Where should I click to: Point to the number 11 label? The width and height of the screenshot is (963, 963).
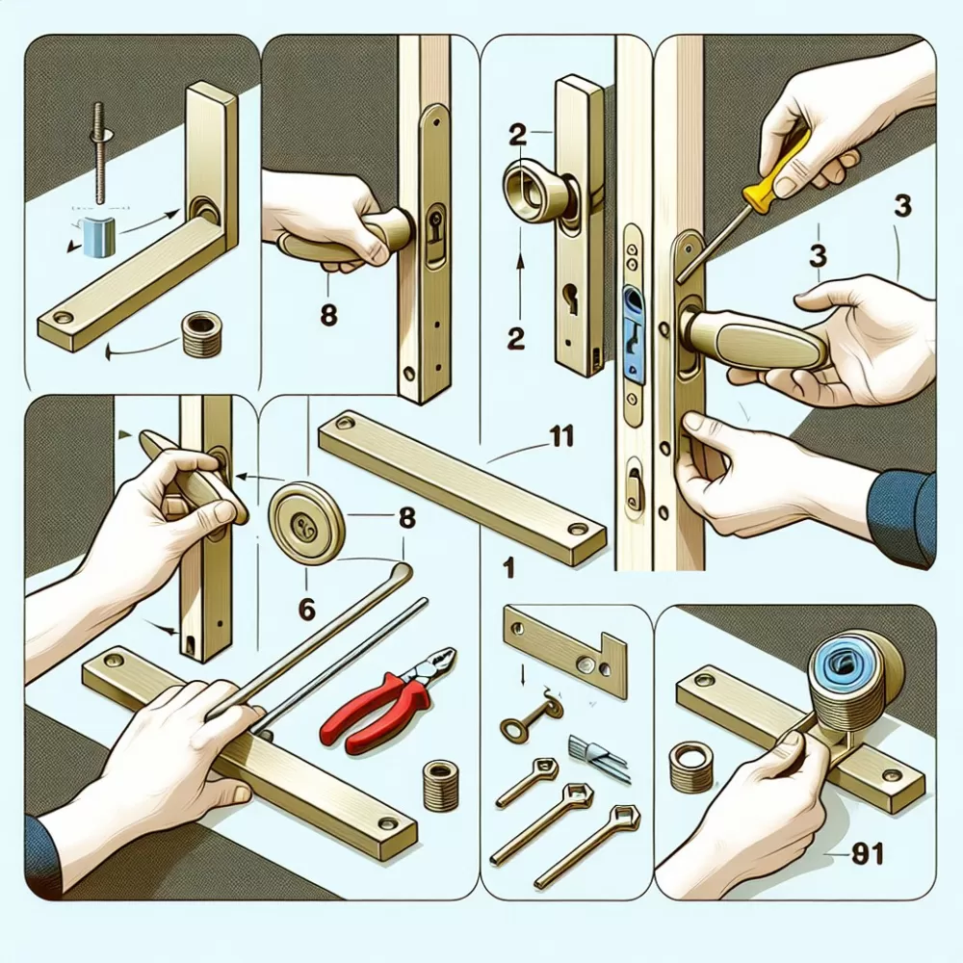coord(559,436)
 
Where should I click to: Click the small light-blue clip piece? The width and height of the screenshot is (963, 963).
coord(98,237)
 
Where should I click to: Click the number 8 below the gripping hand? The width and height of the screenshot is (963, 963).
coord(329,315)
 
